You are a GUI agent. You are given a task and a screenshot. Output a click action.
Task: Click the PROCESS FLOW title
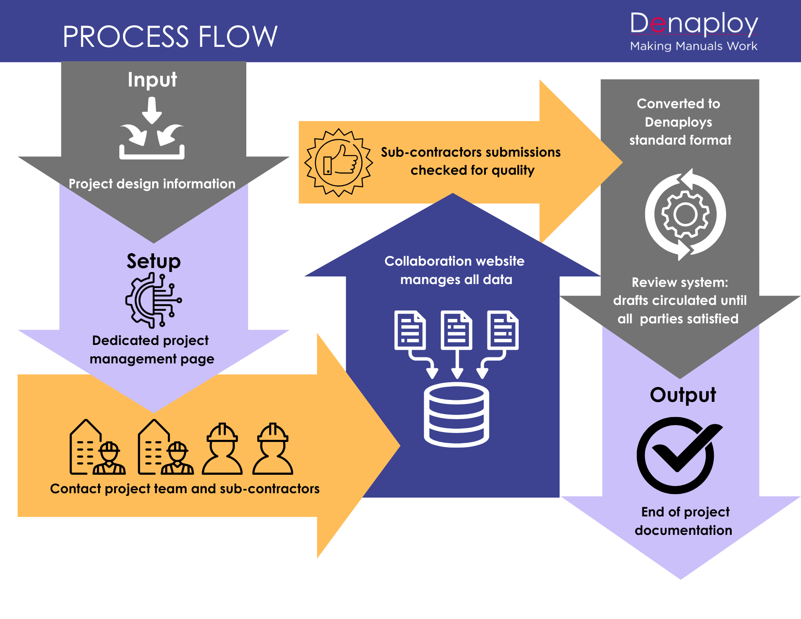click(x=170, y=36)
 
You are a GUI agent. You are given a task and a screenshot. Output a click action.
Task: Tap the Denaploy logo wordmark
click(x=694, y=24)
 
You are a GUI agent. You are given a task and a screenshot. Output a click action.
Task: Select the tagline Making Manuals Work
click(x=694, y=46)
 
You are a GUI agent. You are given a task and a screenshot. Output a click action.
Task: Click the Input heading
click(x=152, y=79)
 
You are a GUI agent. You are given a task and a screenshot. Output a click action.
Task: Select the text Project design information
click(x=152, y=184)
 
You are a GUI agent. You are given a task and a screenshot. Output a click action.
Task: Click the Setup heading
click(x=153, y=261)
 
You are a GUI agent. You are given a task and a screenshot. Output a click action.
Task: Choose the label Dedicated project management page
click(x=151, y=350)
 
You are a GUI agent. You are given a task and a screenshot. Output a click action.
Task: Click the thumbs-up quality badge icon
click(x=339, y=163)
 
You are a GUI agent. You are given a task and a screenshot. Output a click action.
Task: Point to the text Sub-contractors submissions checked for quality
click(x=471, y=161)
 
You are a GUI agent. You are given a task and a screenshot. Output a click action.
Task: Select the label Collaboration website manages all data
click(x=455, y=270)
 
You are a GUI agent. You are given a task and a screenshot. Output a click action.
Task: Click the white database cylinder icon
click(x=457, y=415)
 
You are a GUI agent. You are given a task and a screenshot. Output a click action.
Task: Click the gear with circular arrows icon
click(x=685, y=215)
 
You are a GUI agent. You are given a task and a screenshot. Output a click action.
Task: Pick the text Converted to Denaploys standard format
click(x=680, y=122)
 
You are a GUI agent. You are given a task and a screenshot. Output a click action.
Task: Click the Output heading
click(x=683, y=395)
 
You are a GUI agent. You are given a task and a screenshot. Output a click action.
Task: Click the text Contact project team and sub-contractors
click(x=185, y=489)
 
